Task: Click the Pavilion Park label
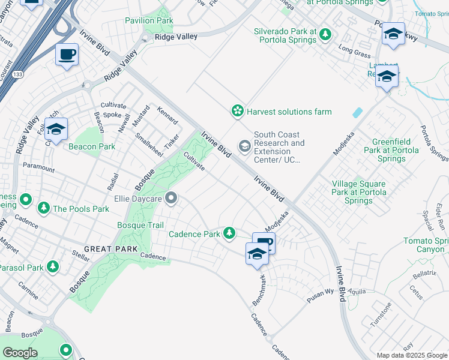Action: pos(149,21)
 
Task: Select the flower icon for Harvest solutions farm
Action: pos(238,111)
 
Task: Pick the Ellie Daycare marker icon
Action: pos(172,197)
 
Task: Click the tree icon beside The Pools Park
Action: pos(43,209)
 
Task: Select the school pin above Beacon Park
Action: pos(56,129)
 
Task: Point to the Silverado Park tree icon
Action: pos(325,35)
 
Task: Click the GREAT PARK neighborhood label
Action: pos(111,248)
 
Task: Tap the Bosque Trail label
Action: pos(139,225)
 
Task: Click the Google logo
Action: pos(20,352)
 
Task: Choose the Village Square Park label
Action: pos(359,193)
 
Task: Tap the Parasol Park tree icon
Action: pos(53,266)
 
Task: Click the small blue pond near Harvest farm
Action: pos(358,112)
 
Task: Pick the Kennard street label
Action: pos(167,116)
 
